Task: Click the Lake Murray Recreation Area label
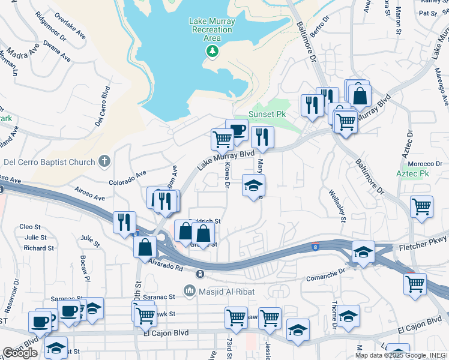(x=211, y=29)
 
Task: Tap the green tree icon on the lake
(x=211, y=52)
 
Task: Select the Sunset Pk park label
(x=267, y=114)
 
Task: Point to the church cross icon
(x=104, y=161)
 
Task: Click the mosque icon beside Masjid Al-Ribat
(x=190, y=291)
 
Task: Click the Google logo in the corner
(x=20, y=353)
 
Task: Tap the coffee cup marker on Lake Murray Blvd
(x=237, y=130)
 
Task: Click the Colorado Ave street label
(x=127, y=178)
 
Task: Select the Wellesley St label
(x=336, y=205)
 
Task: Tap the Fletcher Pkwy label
(x=418, y=247)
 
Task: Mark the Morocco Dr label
(x=421, y=163)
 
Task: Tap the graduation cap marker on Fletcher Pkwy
(x=363, y=252)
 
